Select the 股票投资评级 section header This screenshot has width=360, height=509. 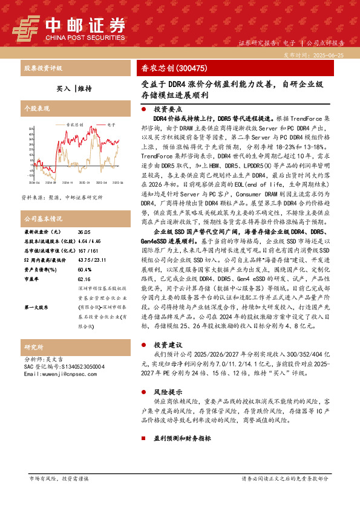pyautogui.click(x=43, y=68)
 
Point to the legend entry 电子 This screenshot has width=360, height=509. pyautogui.click(x=111, y=123)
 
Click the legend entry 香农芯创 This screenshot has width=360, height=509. pyautogui.click(x=73, y=123)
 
